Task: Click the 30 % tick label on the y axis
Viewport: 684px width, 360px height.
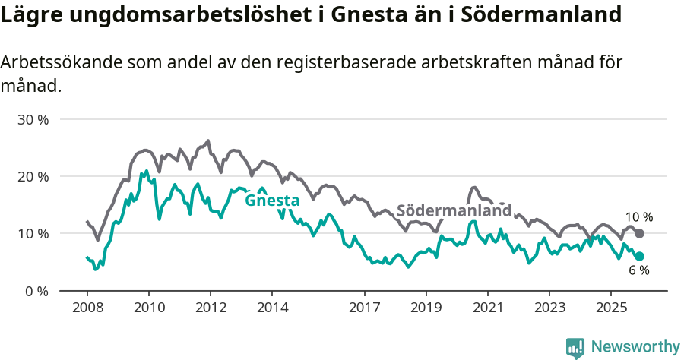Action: (33, 120)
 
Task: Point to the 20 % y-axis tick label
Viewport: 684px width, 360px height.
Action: (33, 177)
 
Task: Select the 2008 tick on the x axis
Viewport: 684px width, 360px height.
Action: (87, 308)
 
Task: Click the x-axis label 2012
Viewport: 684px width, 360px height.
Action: (211, 308)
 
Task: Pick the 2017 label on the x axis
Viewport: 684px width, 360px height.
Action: (365, 308)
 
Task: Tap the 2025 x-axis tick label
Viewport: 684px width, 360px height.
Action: (611, 308)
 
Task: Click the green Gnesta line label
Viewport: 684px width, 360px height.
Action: (271, 201)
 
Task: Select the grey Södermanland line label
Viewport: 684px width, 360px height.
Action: (454, 210)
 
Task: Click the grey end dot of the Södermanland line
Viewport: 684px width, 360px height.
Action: (639, 233)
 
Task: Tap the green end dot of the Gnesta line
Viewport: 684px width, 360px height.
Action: (639, 256)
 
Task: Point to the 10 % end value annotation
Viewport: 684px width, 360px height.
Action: (638, 217)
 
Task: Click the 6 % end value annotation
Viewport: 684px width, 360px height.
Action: (638, 270)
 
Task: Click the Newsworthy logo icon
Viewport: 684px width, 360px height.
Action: (575, 347)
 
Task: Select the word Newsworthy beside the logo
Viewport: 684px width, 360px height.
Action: (635, 347)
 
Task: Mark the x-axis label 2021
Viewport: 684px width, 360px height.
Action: (488, 308)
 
